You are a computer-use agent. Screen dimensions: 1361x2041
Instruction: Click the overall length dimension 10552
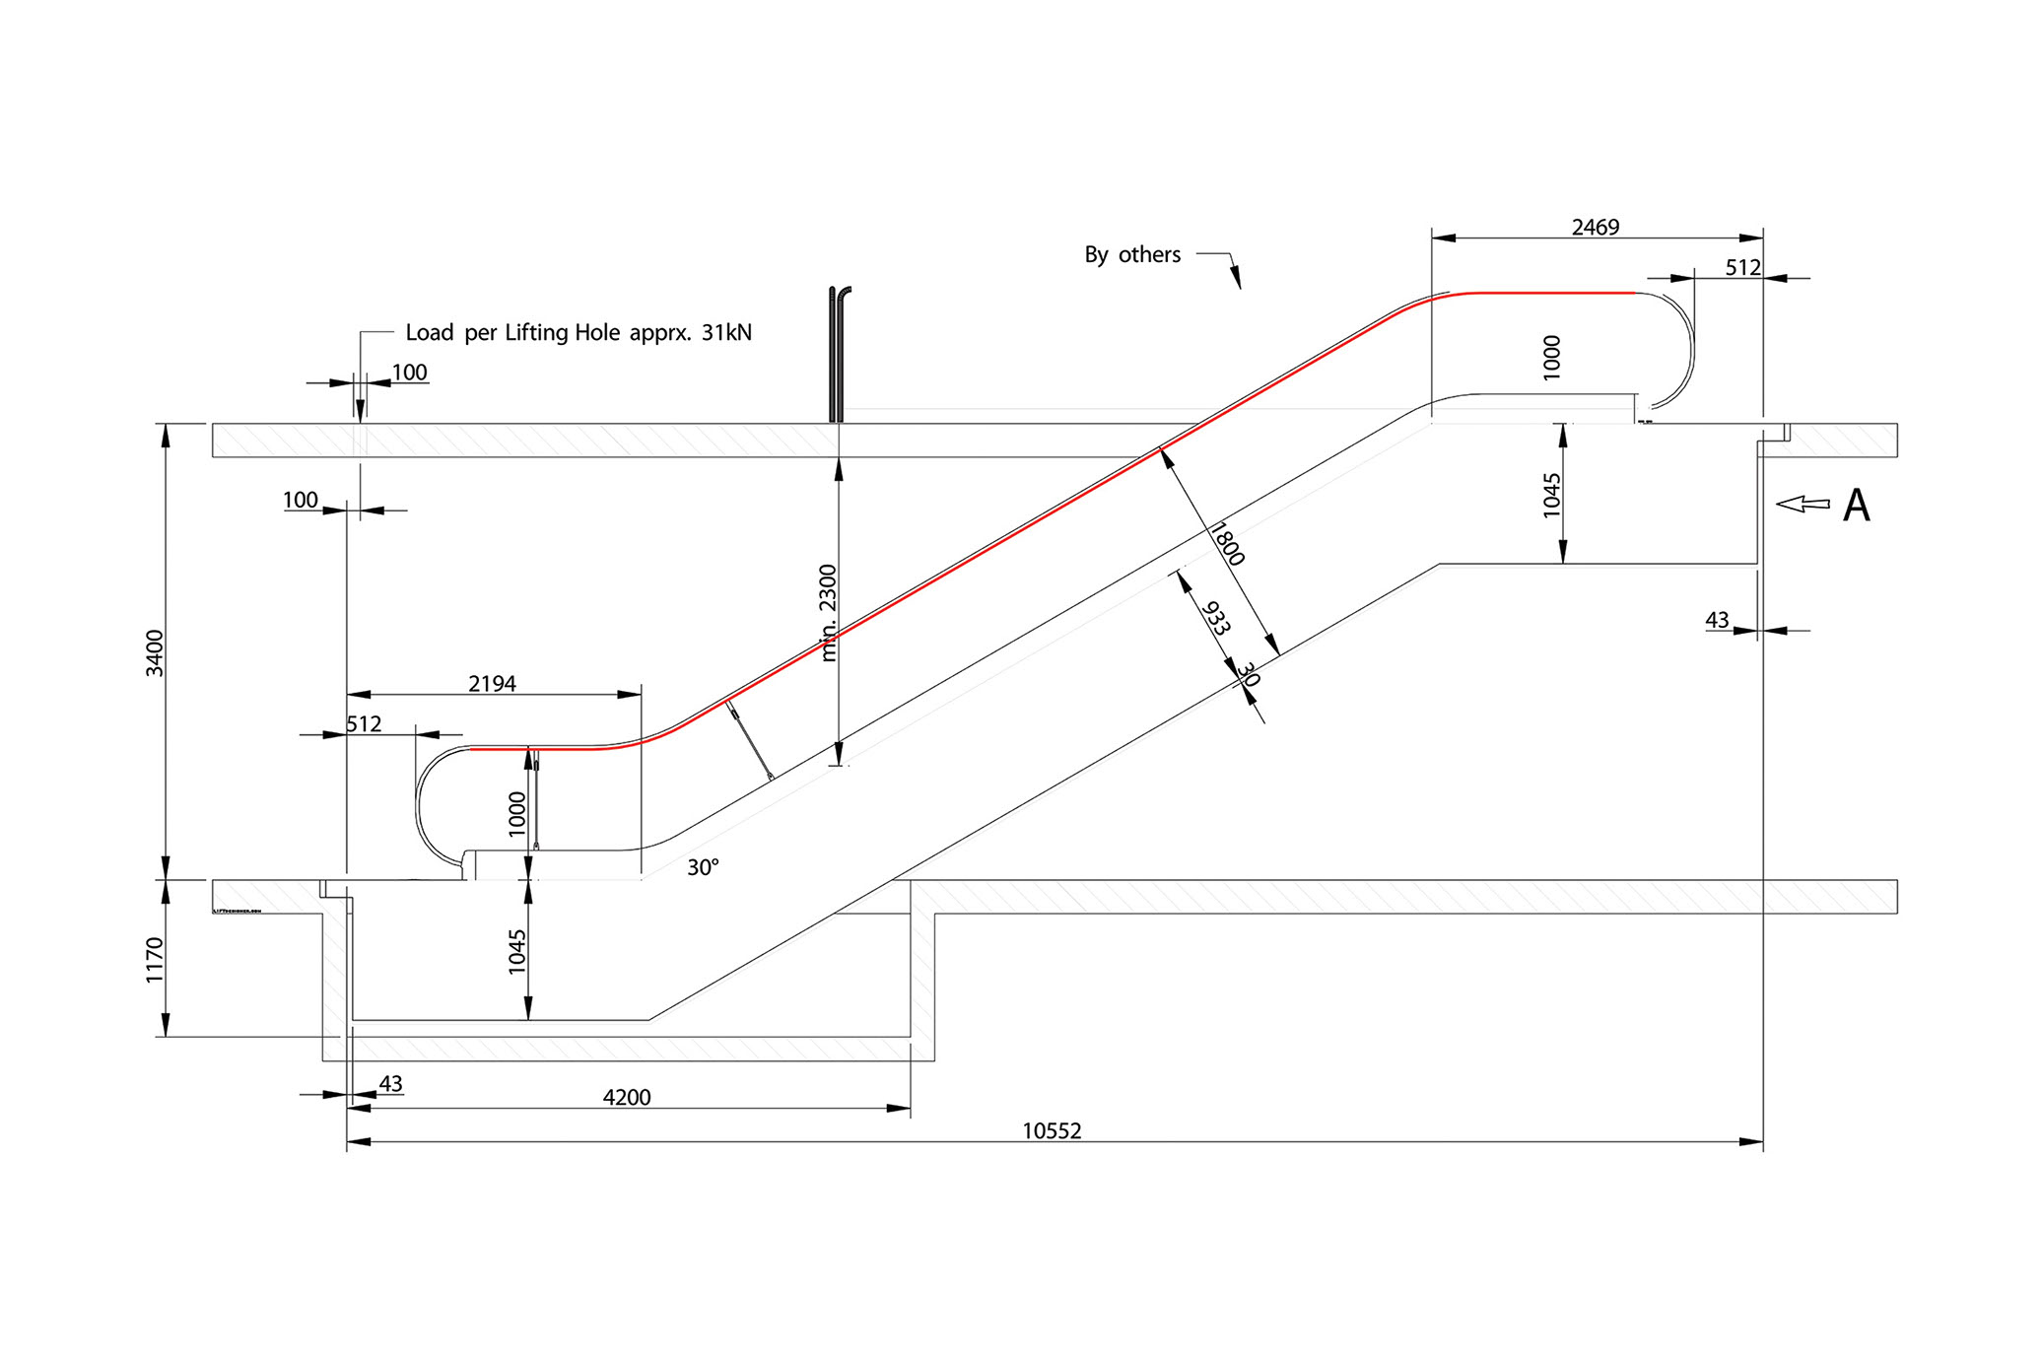(x=1052, y=1130)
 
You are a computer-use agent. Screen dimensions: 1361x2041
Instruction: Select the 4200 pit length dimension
(x=627, y=1097)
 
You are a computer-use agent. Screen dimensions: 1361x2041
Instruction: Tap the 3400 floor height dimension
(x=155, y=652)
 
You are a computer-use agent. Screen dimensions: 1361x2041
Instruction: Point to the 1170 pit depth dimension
(x=155, y=960)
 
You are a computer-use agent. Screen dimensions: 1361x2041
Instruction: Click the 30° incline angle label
(x=703, y=867)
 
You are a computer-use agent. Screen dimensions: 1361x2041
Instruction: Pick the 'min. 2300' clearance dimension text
(x=828, y=612)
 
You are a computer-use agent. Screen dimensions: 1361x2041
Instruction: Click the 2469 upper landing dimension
(x=1596, y=228)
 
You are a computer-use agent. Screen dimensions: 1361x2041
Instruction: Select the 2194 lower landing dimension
(x=492, y=684)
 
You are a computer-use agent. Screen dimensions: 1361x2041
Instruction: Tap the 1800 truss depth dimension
(x=1227, y=544)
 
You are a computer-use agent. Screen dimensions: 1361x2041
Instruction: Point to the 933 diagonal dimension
(x=1216, y=618)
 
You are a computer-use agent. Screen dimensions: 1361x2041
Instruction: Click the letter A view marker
(x=1856, y=506)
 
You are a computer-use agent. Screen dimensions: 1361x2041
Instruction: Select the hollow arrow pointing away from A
(x=1803, y=504)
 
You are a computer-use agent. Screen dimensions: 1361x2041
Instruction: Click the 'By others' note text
(x=1132, y=255)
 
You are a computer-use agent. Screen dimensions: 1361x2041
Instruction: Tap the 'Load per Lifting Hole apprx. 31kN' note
(x=578, y=333)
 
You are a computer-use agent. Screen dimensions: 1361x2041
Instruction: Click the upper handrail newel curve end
(x=1687, y=345)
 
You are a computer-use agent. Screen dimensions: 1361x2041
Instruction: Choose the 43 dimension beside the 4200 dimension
(x=390, y=1083)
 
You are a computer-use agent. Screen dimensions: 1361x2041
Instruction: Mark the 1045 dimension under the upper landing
(x=1551, y=495)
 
